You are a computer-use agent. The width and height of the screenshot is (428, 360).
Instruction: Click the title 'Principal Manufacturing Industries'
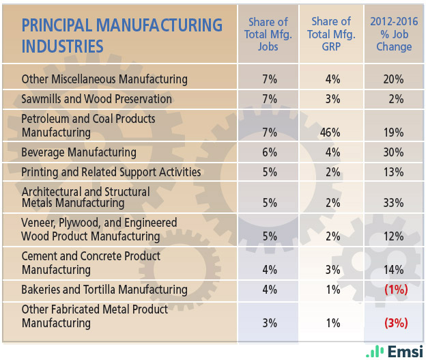coord(122,36)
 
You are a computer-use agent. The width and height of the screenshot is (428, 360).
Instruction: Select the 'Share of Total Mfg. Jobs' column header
coord(268,34)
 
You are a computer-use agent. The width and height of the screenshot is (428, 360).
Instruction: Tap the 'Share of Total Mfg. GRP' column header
coord(331,34)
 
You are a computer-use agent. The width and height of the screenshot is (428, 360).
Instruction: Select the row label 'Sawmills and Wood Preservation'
coord(97,99)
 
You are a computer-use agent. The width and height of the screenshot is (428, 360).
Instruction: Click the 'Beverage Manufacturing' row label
coord(79,152)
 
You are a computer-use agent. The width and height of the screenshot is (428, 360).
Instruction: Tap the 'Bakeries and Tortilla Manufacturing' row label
coord(104,289)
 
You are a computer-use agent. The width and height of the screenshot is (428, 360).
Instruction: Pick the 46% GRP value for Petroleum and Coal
coord(330,133)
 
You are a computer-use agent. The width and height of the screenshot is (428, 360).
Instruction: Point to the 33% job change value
coord(393,203)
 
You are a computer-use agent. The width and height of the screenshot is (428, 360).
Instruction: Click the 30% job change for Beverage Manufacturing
coord(393,152)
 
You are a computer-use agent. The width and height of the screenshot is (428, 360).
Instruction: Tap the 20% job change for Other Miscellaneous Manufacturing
coord(393,79)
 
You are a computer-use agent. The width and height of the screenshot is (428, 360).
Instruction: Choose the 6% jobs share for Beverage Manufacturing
coord(269,152)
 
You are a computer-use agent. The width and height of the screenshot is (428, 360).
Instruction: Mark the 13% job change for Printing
coord(393,171)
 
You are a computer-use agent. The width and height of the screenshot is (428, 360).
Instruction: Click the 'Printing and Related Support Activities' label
coord(111,171)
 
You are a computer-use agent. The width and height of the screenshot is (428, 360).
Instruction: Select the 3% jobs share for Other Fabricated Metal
coord(269,322)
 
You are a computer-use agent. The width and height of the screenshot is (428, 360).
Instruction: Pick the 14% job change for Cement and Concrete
coord(393,269)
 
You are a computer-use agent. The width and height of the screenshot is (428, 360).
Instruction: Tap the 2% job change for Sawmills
coord(395,99)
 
